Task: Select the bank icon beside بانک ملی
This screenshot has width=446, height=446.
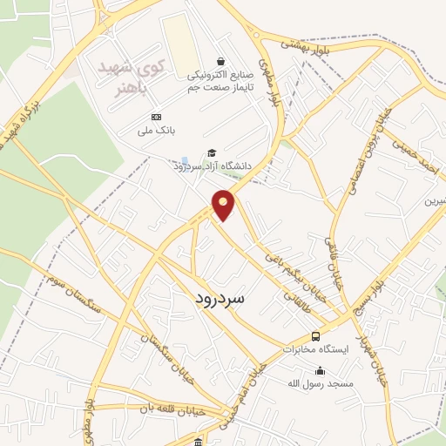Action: click(156, 118)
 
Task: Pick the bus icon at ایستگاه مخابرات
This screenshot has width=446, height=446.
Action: click(315, 336)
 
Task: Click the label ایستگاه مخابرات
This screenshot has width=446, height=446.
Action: click(315, 349)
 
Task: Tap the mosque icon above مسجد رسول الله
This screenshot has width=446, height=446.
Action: click(321, 370)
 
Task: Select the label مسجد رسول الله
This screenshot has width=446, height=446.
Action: click(321, 383)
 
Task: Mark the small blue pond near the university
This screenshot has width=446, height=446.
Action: click(183, 163)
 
